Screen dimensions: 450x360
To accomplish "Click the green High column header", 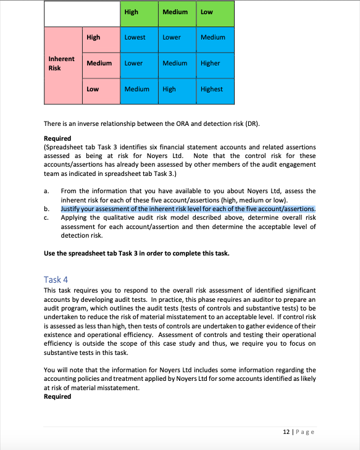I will point(132,12).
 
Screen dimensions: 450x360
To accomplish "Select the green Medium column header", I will point(175,12).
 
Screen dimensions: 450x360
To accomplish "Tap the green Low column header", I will point(206,12).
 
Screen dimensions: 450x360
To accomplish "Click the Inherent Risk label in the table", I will point(61,63).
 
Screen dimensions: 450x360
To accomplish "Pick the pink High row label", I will point(93,37).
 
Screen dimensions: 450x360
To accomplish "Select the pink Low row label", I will point(93,89).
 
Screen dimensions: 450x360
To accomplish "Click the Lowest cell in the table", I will point(135,37).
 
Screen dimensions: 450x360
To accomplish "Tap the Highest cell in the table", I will point(211,89).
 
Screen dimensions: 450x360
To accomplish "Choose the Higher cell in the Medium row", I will point(210,63).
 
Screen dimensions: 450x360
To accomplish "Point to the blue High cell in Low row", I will point(169,89).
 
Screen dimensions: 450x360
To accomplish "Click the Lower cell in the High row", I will point(172,37).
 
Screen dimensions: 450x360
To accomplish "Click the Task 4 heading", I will point(56,279).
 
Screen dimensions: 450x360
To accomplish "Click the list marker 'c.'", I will point(47,218).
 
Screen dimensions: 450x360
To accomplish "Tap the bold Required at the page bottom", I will point(57,396).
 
